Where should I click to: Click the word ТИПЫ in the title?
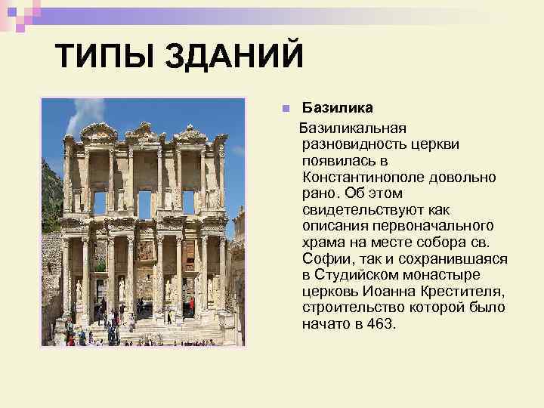point(100,57)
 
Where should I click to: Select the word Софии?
point(324,258)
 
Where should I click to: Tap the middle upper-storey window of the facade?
point(144,203)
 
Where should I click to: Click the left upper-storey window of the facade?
point(100,202)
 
